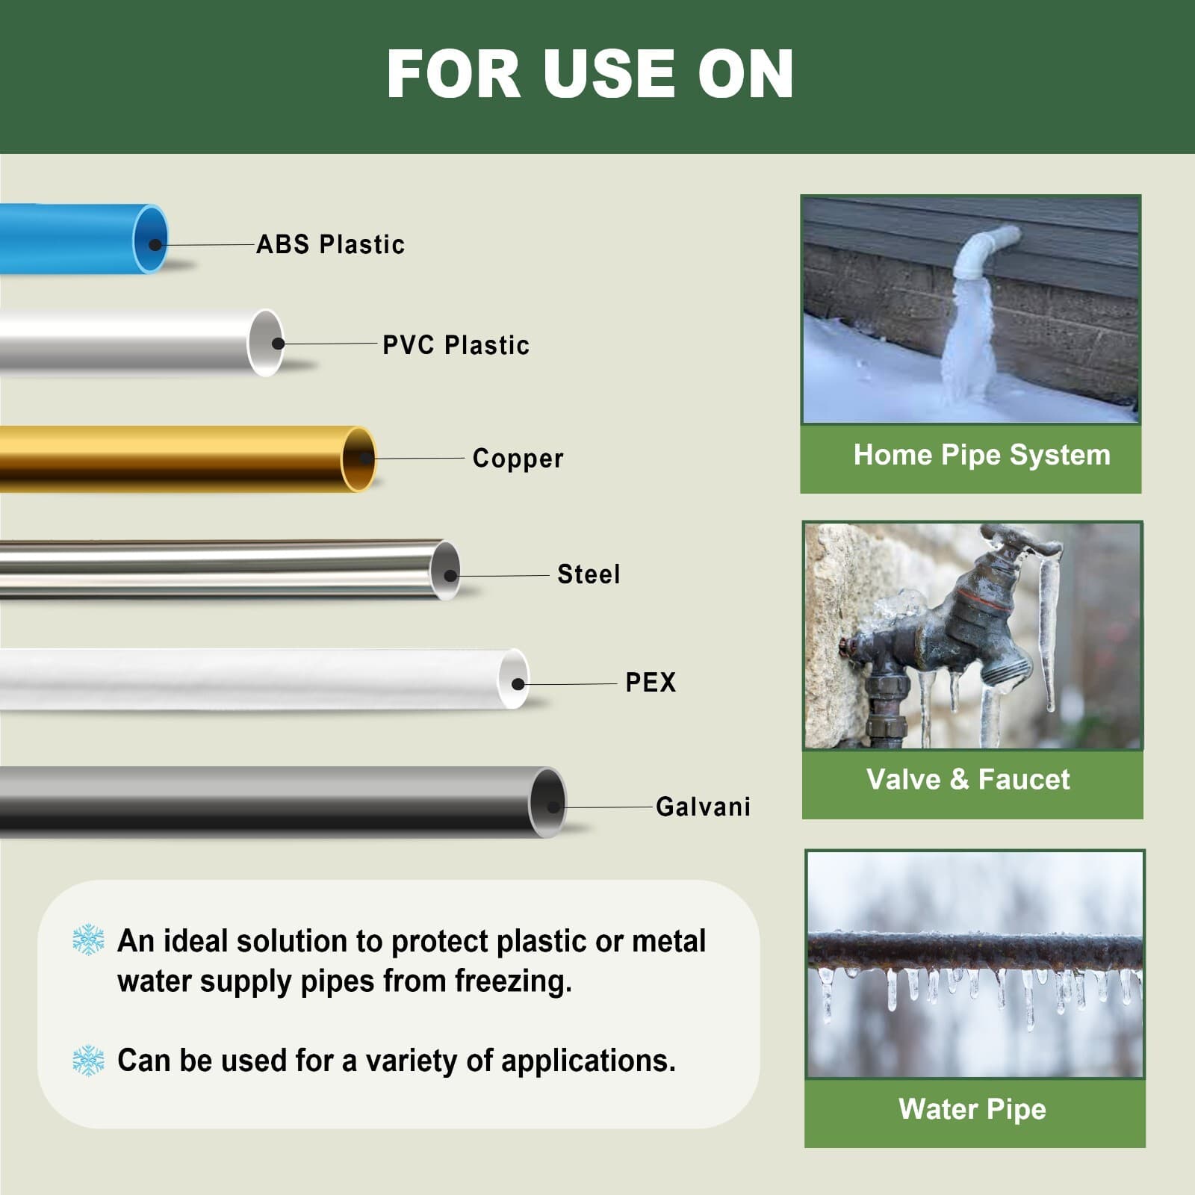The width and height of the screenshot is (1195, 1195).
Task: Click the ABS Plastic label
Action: [330, 244]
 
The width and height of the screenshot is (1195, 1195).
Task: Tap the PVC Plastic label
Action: [456, 345]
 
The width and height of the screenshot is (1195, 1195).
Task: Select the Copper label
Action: [518, 458]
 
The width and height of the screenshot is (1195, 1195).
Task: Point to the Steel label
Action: [589, 574]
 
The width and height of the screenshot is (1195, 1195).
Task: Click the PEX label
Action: [651, 682]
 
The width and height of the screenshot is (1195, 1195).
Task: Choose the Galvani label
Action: [703, 807]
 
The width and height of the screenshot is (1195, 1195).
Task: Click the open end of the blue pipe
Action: [151, 239]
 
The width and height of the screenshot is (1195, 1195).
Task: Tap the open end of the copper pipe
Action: [359, 459]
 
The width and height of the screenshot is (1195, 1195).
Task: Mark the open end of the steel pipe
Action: [446, 571]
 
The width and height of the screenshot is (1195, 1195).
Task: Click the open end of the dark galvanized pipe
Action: [548, 802]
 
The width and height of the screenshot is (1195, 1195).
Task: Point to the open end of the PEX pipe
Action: [514, 680]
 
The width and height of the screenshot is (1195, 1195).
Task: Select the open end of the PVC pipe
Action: [266, 342]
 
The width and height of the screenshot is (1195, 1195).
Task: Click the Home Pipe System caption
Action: [981, 455]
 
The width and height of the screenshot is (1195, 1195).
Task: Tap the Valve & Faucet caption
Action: [968, 780]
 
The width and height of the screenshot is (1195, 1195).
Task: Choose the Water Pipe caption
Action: [972, 1109]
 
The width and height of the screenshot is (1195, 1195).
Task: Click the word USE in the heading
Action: [605, 74]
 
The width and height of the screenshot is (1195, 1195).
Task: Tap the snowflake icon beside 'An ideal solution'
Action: [88, 940]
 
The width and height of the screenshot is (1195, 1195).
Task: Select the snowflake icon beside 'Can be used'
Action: [88, 1060]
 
